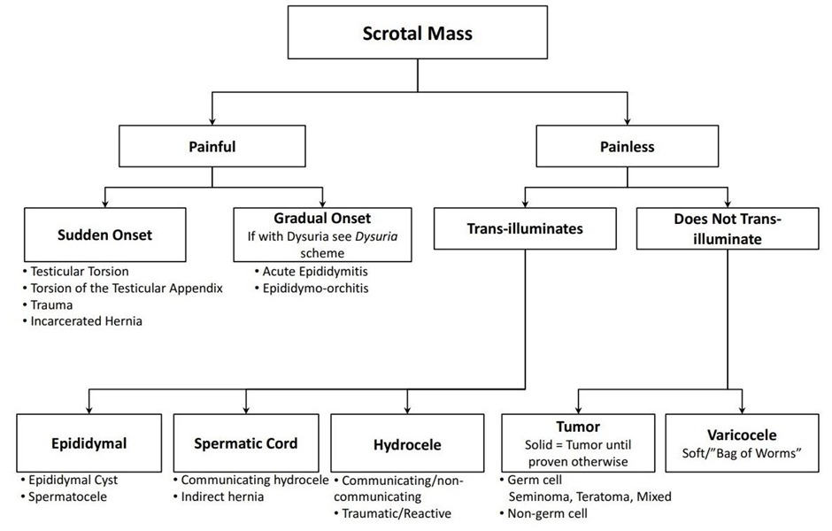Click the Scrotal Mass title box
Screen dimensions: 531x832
(418, 35)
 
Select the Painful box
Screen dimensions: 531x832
(212, 147)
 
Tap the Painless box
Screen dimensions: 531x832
(628, 147)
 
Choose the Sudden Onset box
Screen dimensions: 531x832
(104, 235)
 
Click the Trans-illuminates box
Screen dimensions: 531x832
(525, 229)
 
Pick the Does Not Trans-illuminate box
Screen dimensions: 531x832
(728, 229)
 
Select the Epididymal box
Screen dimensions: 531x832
(89, 443)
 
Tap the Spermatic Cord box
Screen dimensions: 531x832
(246, 443)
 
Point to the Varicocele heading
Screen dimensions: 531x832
(742, 435)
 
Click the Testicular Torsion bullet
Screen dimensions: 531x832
(80, 272)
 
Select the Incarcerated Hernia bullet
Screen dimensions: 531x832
(87, 321)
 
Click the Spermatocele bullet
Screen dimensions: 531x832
(69, 496)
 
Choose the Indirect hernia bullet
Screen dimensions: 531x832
(222, 496)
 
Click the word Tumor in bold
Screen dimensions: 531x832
(579, 427)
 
